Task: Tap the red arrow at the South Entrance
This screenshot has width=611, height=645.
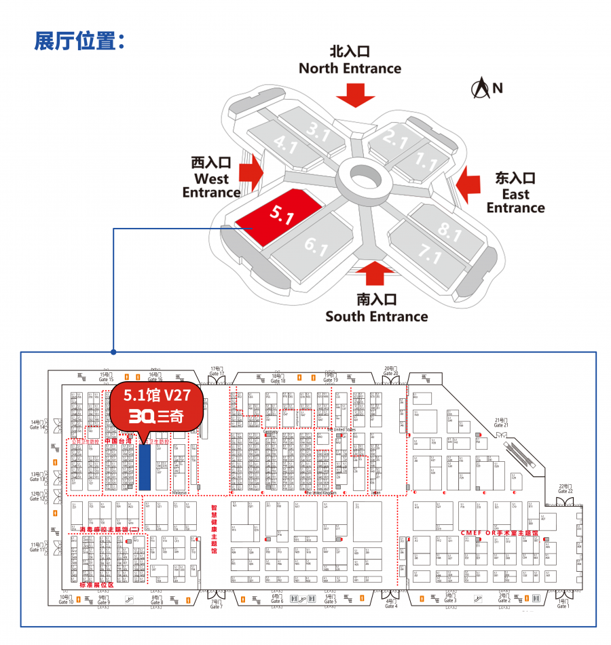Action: [375, 273]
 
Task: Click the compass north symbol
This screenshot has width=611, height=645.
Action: [481, 87]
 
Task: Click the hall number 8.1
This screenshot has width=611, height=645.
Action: [449, 230]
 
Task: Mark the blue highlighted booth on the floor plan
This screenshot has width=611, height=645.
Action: [145, 467]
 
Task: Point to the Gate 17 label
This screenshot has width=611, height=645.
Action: [217, 371]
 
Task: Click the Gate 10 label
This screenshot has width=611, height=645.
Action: [66, 600]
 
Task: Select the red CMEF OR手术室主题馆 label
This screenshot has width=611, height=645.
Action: [500, 534]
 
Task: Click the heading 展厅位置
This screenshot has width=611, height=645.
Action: [79, 41]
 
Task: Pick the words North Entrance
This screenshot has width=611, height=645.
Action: [350, 68]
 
